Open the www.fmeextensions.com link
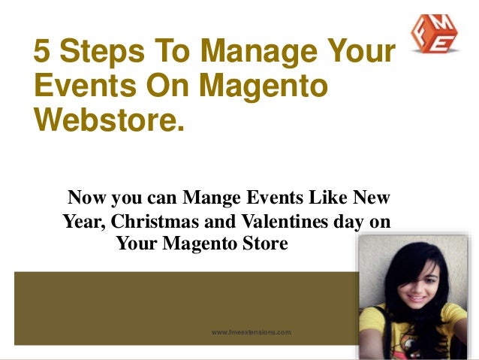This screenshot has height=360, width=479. pos(251,331)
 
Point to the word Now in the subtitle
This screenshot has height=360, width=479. pos(87,199)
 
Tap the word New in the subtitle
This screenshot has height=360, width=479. pos(372,199)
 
